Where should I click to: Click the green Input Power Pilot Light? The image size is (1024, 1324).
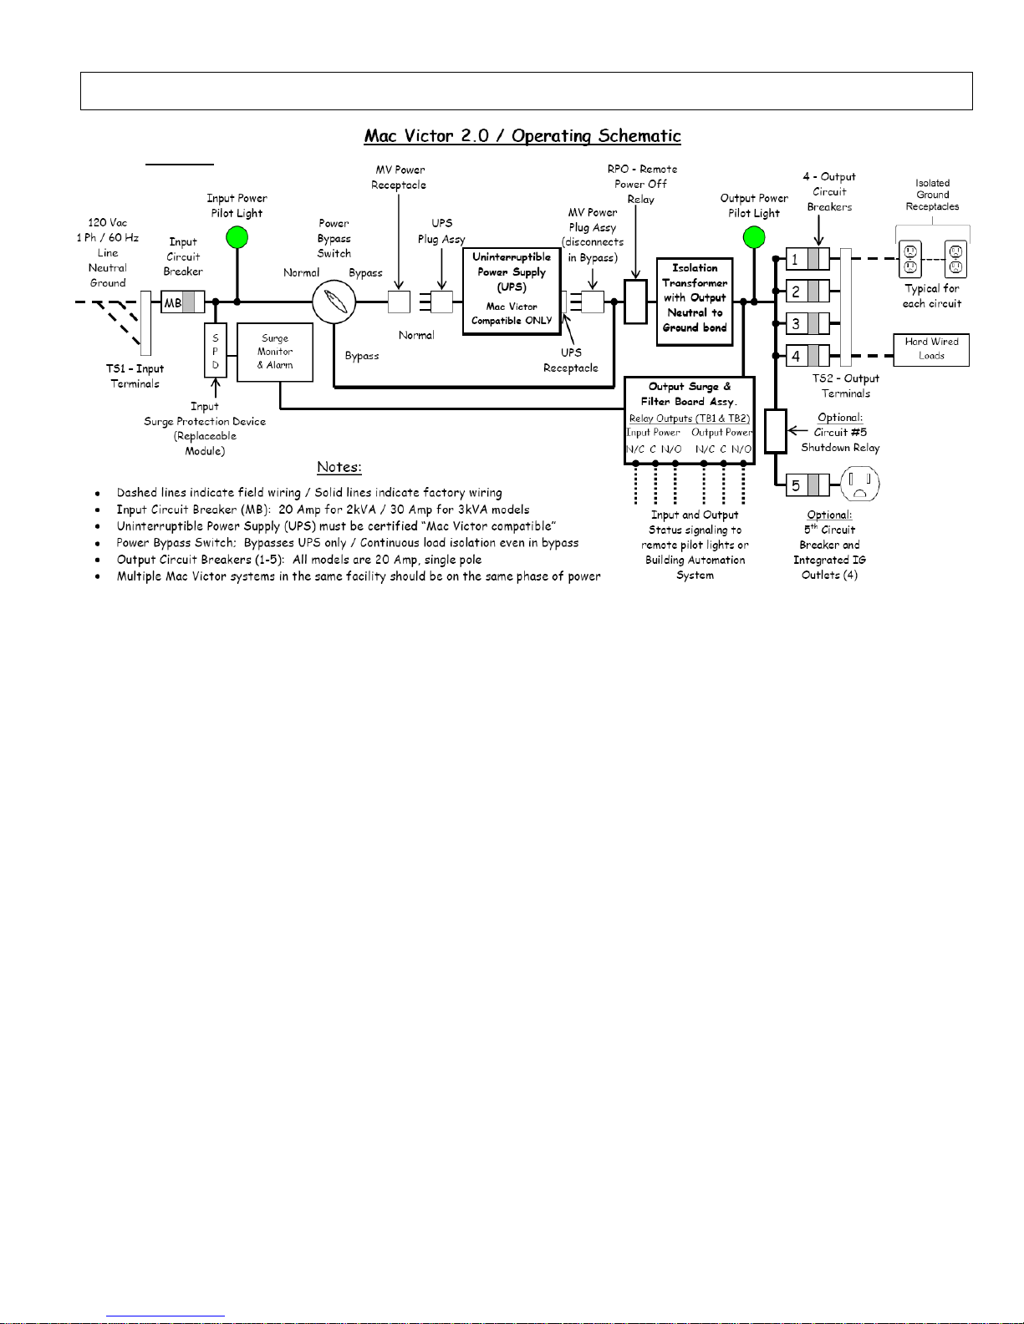(x=237, y=237)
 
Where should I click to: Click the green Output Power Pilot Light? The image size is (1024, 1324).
(x=754, y=237)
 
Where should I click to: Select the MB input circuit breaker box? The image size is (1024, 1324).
(x=182, y=302)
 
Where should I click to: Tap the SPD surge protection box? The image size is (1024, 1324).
(x=215, y=350)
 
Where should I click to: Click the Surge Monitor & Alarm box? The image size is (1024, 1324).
(x=275, y=353)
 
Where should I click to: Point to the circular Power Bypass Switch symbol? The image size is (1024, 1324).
(x=334, y=302)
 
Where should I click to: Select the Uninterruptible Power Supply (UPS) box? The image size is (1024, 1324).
(x=512, y=292)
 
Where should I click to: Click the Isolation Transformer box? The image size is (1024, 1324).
(x=695, y=302)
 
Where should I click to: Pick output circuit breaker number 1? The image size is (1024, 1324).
(x=807, y=259)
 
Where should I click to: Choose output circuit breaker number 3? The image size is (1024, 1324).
(x=807, y=323)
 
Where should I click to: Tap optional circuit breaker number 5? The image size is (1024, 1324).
(x=807, y=485)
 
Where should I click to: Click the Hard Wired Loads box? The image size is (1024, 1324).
(x=931, y=350)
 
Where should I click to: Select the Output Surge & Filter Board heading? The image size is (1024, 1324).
(x=690, y=393)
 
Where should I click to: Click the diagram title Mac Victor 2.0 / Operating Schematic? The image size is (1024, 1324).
(x=522, y=136)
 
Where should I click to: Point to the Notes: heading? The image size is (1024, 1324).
(x=339, y=467)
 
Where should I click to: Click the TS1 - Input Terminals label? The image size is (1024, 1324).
(x=135, y=376)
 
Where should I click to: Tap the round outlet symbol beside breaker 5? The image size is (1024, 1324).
(x=859, y=484)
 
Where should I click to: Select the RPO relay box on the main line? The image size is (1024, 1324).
(x=635, y=302)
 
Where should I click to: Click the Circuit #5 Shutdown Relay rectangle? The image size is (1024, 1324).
(x=776, y=431)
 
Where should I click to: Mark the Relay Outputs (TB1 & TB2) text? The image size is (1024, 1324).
(x=690, y=419)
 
